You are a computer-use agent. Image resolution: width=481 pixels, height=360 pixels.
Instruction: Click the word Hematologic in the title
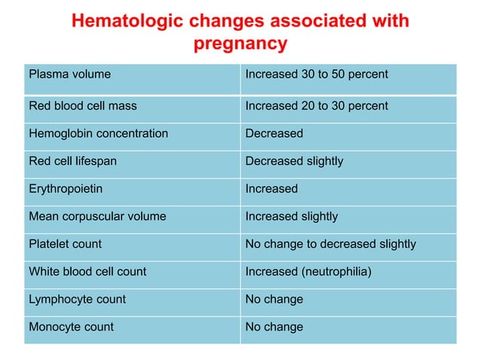pos(130,21)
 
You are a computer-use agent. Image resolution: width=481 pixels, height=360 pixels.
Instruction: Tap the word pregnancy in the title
pos(240,44)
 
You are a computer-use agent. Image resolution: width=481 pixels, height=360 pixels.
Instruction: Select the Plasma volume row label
pos(69,75)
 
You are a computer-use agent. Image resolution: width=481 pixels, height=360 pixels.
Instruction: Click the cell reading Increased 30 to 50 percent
pos(317,75)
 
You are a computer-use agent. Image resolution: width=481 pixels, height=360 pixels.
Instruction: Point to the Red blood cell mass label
pos(83,106)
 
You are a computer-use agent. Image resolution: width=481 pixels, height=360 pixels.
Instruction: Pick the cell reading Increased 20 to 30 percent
pos(317,106)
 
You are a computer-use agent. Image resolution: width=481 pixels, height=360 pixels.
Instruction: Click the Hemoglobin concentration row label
pos(98,133)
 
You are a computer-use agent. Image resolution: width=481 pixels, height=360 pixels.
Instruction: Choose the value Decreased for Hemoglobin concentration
pos(274,133)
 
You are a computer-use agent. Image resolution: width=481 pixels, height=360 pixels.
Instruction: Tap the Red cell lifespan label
pos(72,161)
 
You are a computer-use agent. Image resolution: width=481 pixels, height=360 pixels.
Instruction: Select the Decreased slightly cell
pos(294,161)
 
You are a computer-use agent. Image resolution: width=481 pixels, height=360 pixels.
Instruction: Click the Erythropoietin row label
pos(66,189)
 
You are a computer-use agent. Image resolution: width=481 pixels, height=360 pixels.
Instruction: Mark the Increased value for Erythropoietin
pos(271,189)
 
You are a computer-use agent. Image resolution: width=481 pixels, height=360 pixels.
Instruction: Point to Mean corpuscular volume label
pos(97,217)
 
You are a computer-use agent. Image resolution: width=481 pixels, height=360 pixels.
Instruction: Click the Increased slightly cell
pos(292,217)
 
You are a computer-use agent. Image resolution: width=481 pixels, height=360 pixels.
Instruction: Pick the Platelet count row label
pos(65,244)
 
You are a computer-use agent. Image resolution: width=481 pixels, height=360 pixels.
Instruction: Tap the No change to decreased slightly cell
pos(331,244)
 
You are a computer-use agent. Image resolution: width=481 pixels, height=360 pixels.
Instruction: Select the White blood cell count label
pos(87,271)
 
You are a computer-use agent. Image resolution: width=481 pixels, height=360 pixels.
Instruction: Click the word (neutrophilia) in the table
pos(336,271)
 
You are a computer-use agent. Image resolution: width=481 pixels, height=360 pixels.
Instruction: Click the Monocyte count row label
pos(71,327)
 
